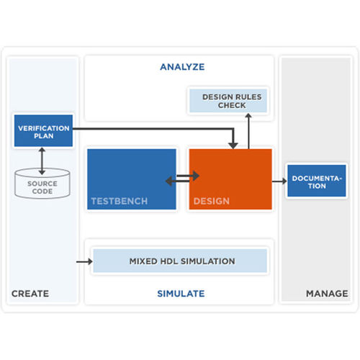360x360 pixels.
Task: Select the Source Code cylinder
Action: point(42,185)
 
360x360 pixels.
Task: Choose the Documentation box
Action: point(314,181)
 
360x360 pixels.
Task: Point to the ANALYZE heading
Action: point(181,67)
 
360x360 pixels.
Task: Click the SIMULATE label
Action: point(181,293)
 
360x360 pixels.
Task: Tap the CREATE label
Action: point(30,293)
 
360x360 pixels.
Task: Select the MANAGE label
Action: point(327,293)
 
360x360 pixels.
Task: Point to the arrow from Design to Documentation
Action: point(279,181)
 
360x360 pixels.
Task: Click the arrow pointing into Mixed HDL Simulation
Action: point(84,261)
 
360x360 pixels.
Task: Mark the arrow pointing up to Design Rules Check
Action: point(248,130)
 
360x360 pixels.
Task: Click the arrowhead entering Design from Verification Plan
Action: point(232,143)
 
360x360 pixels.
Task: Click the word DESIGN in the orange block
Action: point(212,201)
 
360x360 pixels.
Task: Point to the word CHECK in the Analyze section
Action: point(232,105)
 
